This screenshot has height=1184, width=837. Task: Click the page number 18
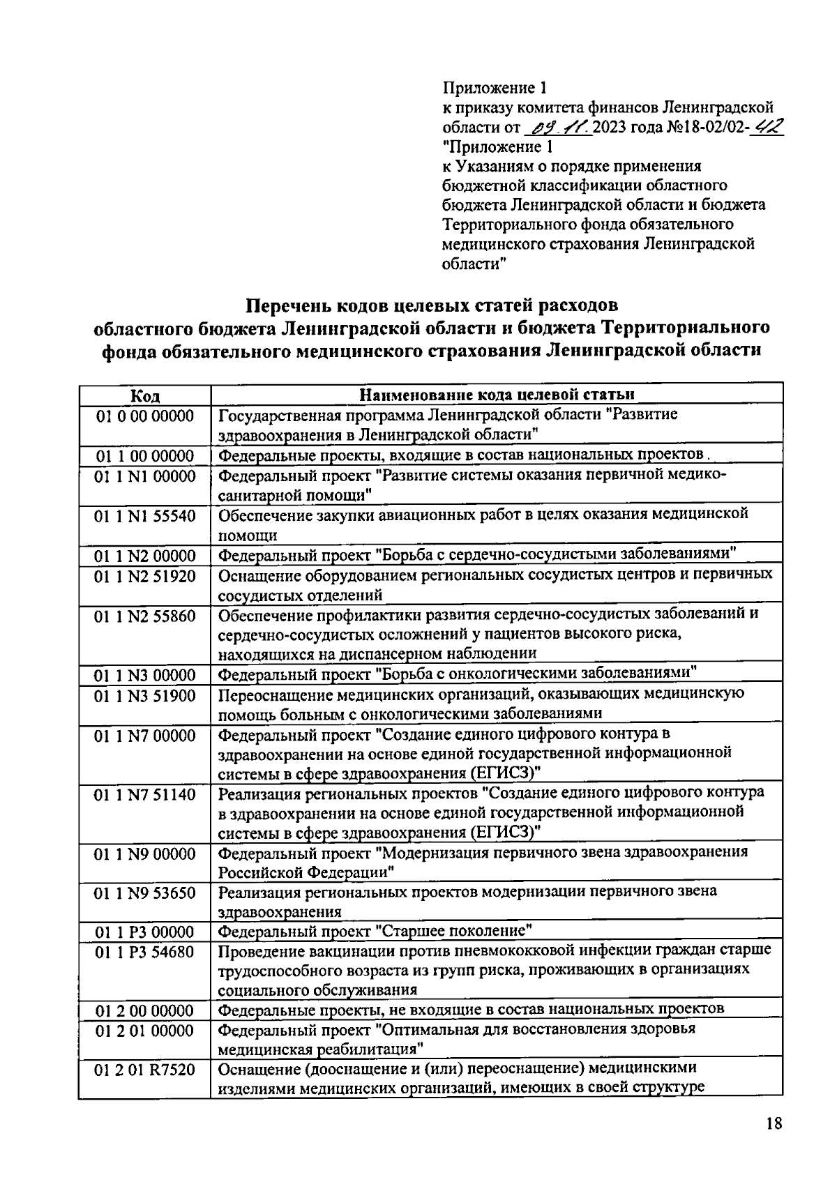coord(774,1123)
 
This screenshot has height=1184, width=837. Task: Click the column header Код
coord(145,396)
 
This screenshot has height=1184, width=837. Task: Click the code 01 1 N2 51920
coord(145,577)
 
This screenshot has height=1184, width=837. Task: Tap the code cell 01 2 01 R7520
coord(145,1070)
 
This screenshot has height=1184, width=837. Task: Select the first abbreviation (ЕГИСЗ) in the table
coord(505,773)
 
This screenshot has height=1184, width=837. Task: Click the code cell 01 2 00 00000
coord(145,1010)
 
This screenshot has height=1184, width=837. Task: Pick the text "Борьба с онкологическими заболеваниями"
coord(537,674)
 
